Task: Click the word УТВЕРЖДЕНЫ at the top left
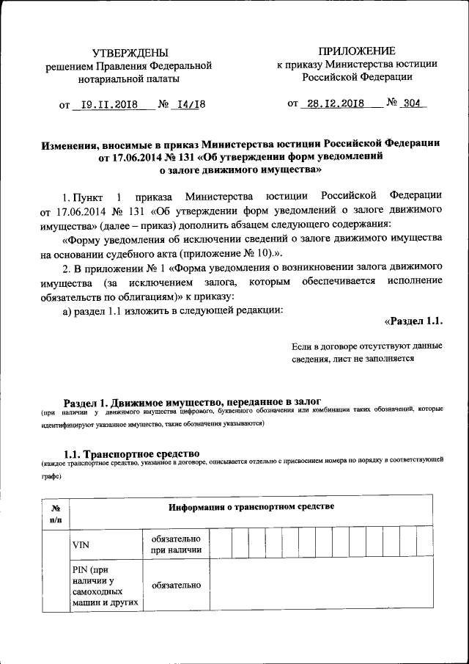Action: click(129, 52)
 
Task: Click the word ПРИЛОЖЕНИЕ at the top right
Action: click(357, 51)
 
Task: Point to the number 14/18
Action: click(188, 104)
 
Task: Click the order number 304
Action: click(411, 103)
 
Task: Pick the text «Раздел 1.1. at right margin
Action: click(413, 321)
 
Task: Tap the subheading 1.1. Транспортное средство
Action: click(132, 453)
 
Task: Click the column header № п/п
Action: click(55, 511)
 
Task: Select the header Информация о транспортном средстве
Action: click(251, 507)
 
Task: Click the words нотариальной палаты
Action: click(129, 78)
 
